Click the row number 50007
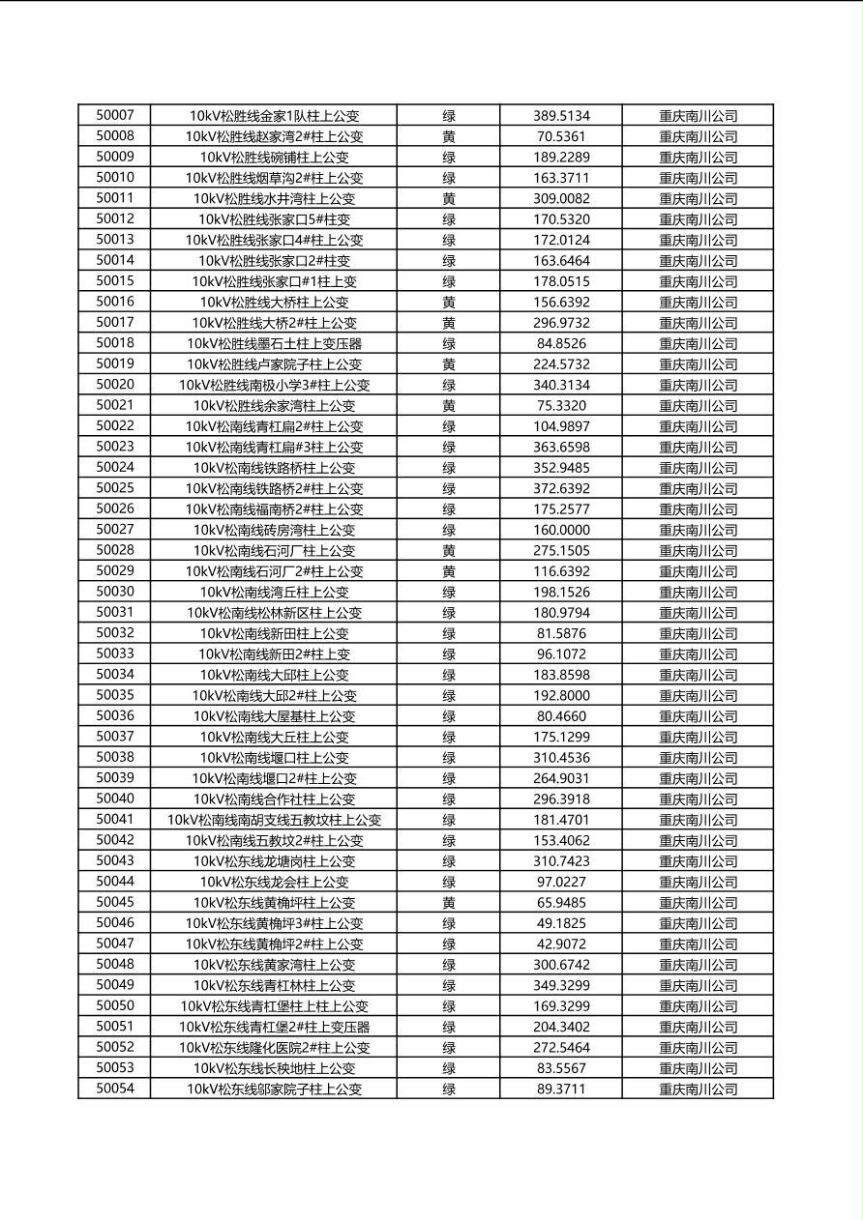pyautogui.click(x=115, y=115)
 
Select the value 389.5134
pyautogui.click(x=561, y=116)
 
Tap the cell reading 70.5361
pyautogui.click(x=561, y=136)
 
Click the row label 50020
pyautogui.click(x=115, y=385)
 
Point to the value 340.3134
pyautogui.click(x=561, y=385)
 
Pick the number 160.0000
pyautogui.click(x=561, y=530)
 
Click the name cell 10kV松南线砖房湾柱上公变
pyautogui.click(x=274, y=530)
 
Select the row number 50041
pyautogui.click(x=115, y=820)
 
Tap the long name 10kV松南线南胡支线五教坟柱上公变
pyautogui.click(x=274, y=820)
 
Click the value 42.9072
pyautogui.click(x=561, y=944)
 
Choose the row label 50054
pyautogui.click(x=115, y=1089)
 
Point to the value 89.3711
pyautogui.click(x=561, y=1089)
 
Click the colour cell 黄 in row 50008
pyautogui.click(x=449, y=136)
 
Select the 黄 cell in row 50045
pyautogui.click(x=449, y=903)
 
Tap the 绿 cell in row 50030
pyautogui.click(x=449, y=592)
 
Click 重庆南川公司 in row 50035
pyautogui.click(x=699, y=695)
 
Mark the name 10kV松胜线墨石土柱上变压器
pyautogui.click(x=274, y=343)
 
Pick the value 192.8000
pyautogui.click(x=561, y=695)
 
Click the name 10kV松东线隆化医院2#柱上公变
pyautogui.click(x=274, y=1047)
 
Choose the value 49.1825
pyautogui.click(x=561, y=923)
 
